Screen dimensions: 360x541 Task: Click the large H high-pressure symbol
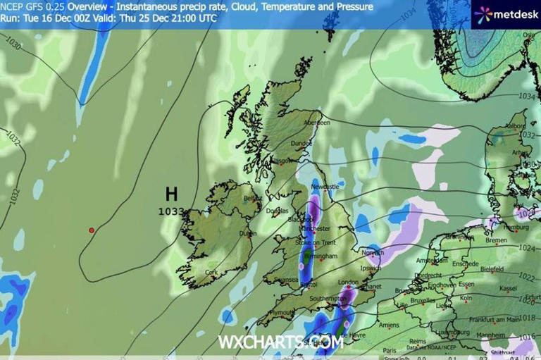coord(171,194)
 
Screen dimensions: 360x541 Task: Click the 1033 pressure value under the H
coord(171,211)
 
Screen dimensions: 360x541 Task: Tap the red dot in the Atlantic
coord(91,230)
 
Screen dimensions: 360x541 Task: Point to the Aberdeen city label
coord(316,123)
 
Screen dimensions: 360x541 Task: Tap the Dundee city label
coord(301,143)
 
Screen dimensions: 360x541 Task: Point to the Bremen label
coord(496,241)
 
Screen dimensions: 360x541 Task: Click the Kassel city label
coord(508,289)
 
